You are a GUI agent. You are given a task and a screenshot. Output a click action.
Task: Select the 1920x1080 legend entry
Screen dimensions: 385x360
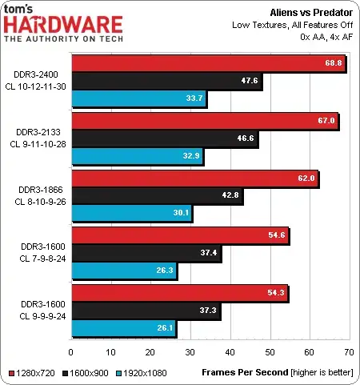click(x=141, y=373)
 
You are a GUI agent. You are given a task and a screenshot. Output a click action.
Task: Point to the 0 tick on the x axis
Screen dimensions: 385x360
click(x=71, y=351)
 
